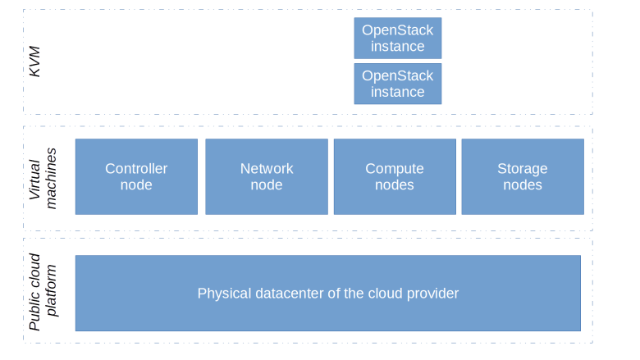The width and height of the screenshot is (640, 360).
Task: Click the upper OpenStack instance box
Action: tap(398, 38)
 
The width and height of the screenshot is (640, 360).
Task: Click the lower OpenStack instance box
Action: tap(398, 84)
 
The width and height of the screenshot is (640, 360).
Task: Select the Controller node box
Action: tap(136, 176)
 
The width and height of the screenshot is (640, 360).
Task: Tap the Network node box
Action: tap(267, 176)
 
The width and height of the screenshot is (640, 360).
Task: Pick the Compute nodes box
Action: tap(395, 176)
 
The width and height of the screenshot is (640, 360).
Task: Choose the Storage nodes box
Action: tap(523, 176)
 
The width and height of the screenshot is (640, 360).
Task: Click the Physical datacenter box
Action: tap(328, 293)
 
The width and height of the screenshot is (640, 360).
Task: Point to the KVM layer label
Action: tap(34, 62)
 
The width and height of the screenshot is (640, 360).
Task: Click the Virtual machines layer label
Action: tap(43, 178)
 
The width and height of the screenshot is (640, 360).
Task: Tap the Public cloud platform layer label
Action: tap(43, 292)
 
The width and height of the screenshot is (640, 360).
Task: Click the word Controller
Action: tap(136, 169)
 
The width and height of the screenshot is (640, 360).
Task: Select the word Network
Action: tap(267, 169)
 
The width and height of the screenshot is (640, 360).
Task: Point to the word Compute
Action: tap(395, 169)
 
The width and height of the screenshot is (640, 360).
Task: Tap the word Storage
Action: tap(523, 169)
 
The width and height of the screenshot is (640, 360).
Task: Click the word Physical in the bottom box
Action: tap(222, 293)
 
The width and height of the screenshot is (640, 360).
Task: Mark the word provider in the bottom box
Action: tap(432, 293)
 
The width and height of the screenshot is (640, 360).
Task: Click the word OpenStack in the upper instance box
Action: tap(398, 30)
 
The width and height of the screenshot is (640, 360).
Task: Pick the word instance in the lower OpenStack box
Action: tap(398, 92)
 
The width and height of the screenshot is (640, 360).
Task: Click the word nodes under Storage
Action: tap(523, 185)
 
